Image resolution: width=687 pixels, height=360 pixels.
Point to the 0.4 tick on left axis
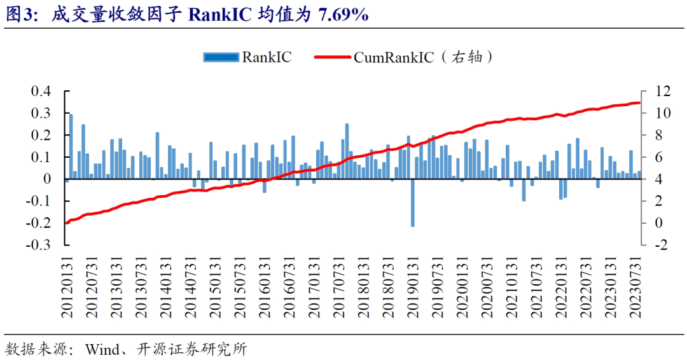(40, 92)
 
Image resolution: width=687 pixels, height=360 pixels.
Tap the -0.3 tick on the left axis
(38, 245)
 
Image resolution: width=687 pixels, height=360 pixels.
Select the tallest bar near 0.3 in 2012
(71, 147)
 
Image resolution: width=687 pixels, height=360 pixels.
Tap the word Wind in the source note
(101, 349)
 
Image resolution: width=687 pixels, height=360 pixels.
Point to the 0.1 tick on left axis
(40, 157)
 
